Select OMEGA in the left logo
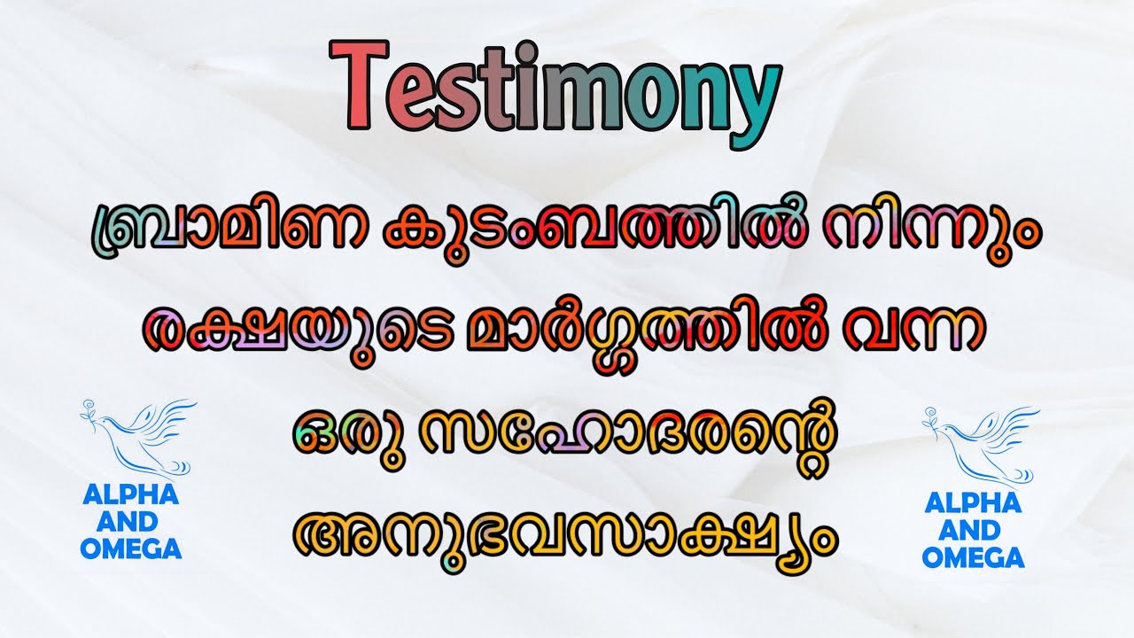[x=130, y=549]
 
